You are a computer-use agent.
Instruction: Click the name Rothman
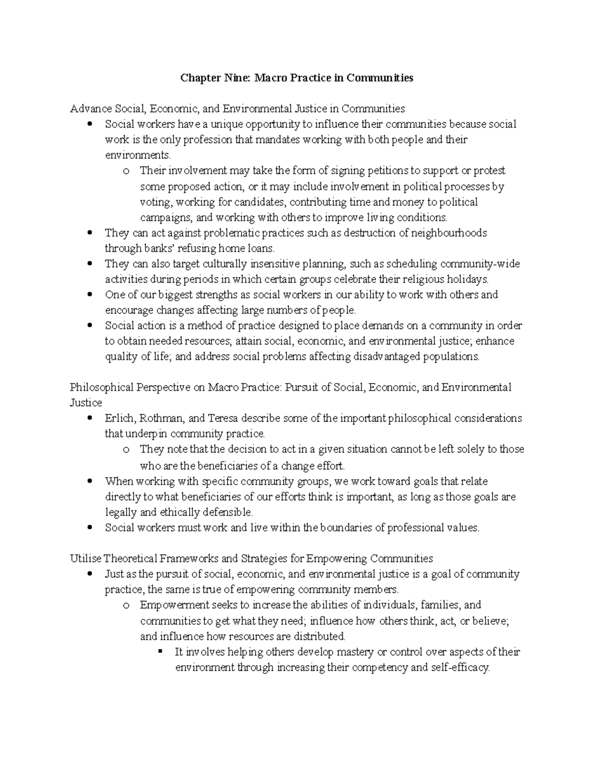coord(162,418)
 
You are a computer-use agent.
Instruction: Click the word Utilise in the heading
coord(86,559)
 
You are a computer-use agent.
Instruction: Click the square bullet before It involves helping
coord(159,651)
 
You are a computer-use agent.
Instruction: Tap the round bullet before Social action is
coord(89,326)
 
